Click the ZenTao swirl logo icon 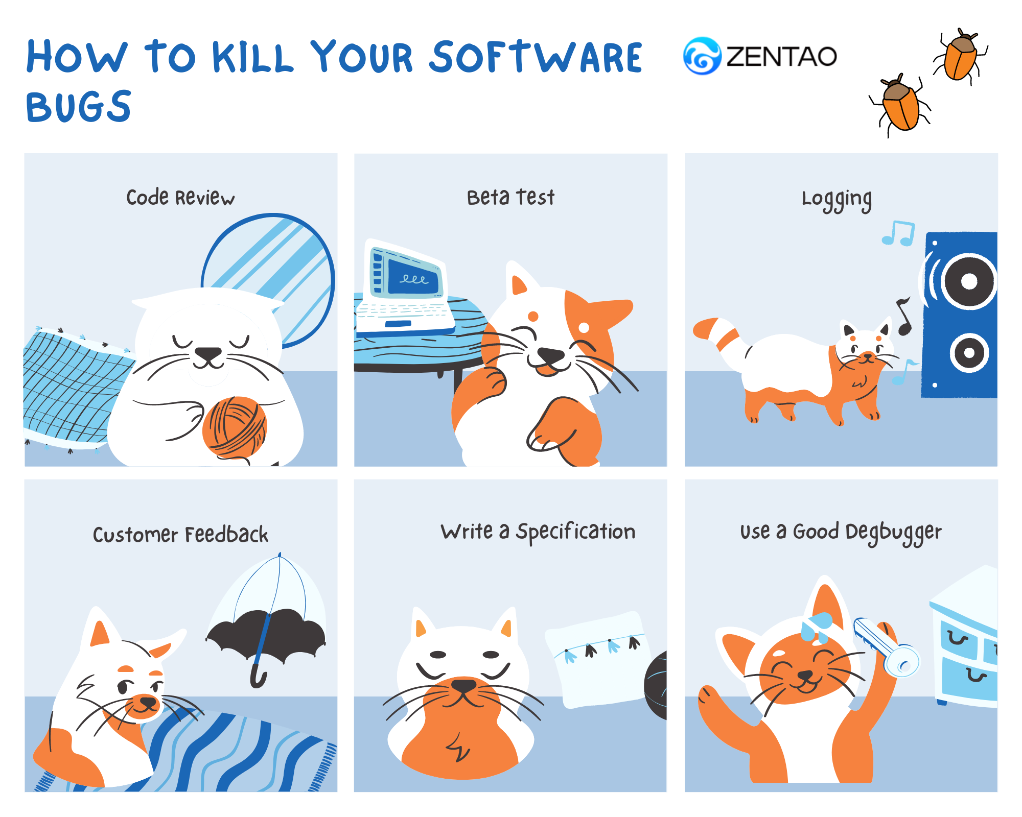click(x=702, y=56)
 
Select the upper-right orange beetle click(x=960, y=56)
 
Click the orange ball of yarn click(x=235, y=427)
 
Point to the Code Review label click(x=180, y=198)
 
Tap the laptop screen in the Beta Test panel click(x=413, y=277)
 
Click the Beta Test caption click(x=510, y=197)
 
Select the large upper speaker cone click(x=969, y=281)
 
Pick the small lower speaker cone click(x=969, y=352)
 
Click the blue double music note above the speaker click(x=898, y=234)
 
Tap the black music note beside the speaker click(x=904, y=316)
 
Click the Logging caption click(x=837, y=200)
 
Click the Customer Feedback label click(x=180, y=535)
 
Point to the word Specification click(x=575, y=532)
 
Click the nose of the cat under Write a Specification click(x=463, y=684)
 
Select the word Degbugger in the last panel click(x=893, y=533)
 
